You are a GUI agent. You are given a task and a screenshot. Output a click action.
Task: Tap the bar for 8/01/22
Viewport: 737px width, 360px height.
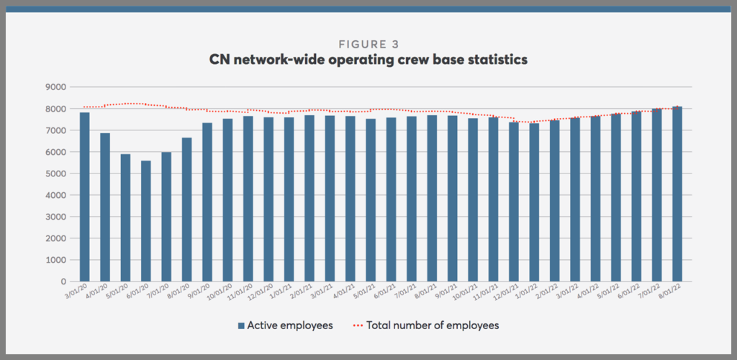(678, 194)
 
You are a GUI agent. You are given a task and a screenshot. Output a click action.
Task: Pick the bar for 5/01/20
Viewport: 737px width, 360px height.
(126, 217)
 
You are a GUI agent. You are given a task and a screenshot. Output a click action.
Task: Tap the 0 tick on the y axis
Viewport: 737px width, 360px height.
(64, 282)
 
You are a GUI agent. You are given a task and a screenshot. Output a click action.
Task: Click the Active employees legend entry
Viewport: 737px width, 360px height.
(290, 325)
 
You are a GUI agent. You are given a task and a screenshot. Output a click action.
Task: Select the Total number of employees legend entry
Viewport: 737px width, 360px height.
(433, 325)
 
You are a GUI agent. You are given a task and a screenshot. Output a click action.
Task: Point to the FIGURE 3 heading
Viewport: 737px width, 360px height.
(368, 45)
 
